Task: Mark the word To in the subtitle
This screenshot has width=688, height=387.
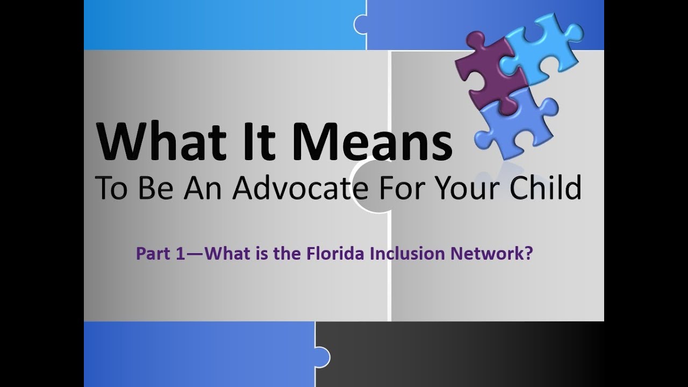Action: pos(110,188)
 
